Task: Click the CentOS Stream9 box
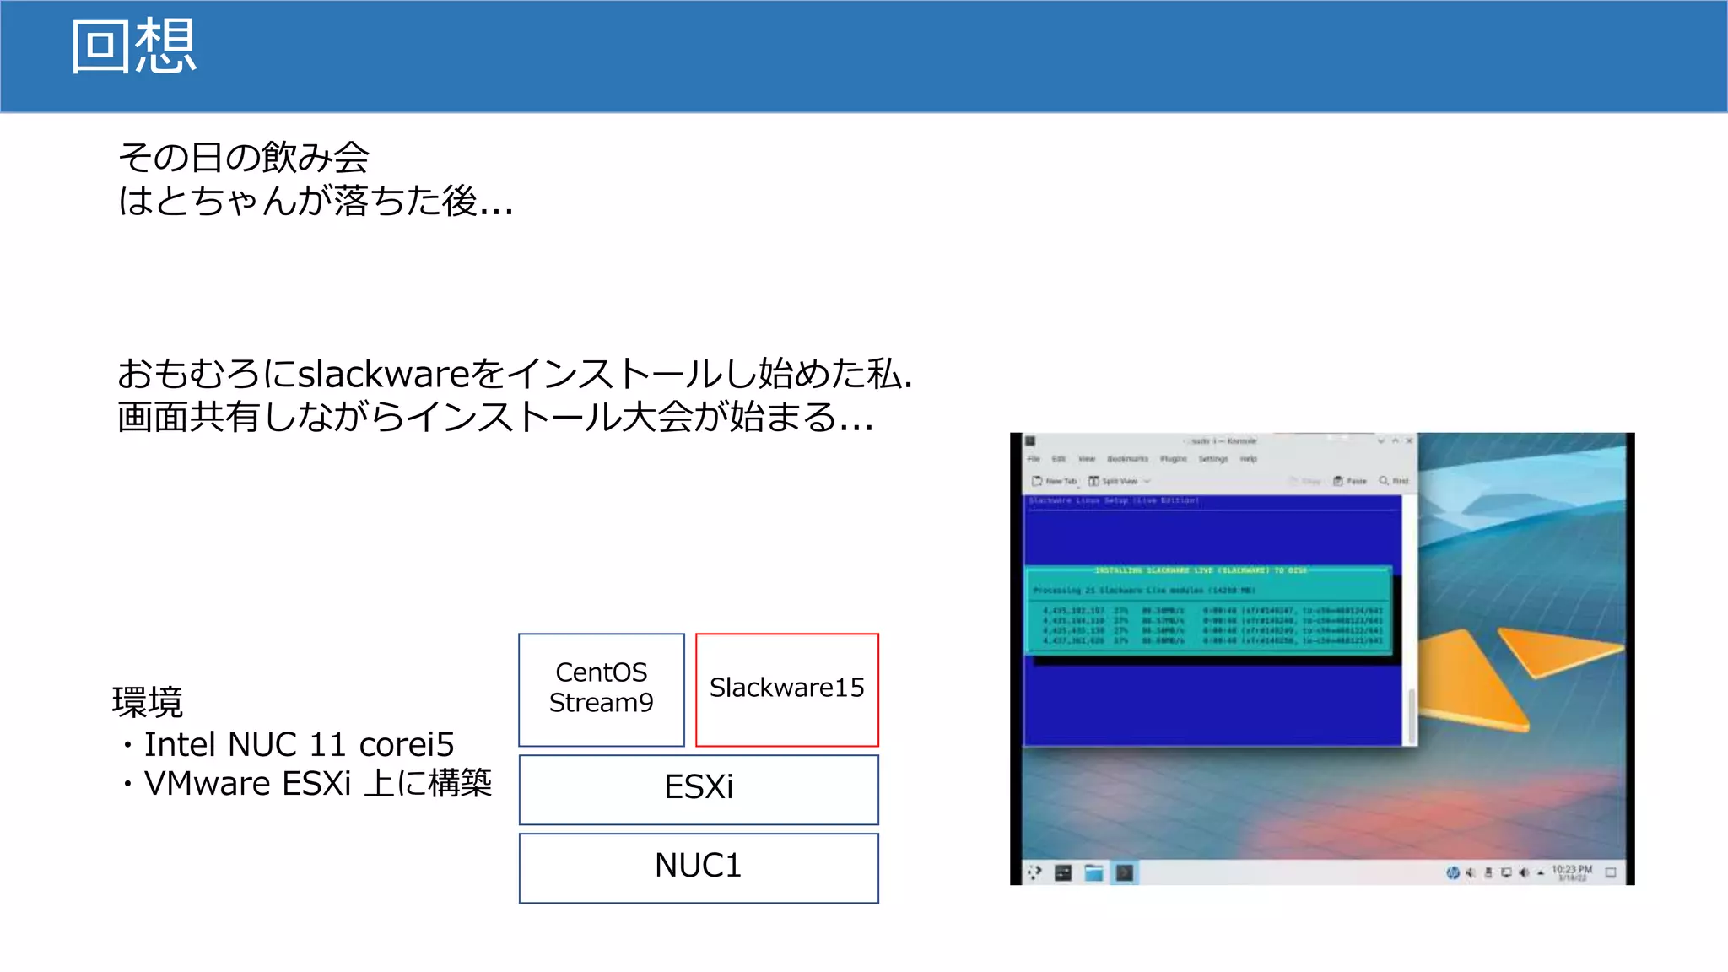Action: pyautogui.click(x=601, y=688)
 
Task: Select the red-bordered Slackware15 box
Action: pyautogui.click(x=786, y=688)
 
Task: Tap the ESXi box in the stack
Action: pyautogui.click(x=699, y=788)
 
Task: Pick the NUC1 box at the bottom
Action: pyautogui.click(x=699, y=867)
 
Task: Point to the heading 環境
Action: pyautogui.click(x=148, y=702)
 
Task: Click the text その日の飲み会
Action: pyautogui.click(x=244, y=158)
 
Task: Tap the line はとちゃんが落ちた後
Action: pyautogui.click(x=314, y=202)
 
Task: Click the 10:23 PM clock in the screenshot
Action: pyautogui.click(x=1571, y=870)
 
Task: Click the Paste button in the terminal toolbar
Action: pyautogui.click(x=1350, y=481)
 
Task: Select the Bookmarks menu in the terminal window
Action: pyautogui.click(x=1127, y=459)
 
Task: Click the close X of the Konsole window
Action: pyautogui.click(x=1409, y=440)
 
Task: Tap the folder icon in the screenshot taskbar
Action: pyautogui.click(x=1093, y=872)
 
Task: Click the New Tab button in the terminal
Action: pyautogui.click(x=1055, y=481)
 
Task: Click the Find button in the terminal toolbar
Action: pyautogui.click(x=1394, y=481)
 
